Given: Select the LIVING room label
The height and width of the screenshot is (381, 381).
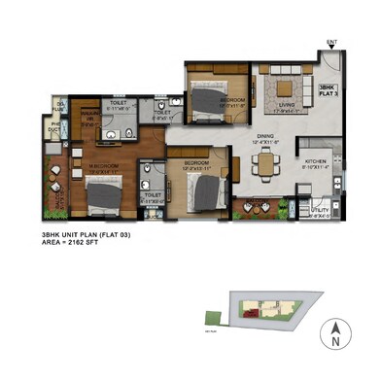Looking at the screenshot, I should tap(285, 107).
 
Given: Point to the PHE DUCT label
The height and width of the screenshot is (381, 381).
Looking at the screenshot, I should tap(55, 126).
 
